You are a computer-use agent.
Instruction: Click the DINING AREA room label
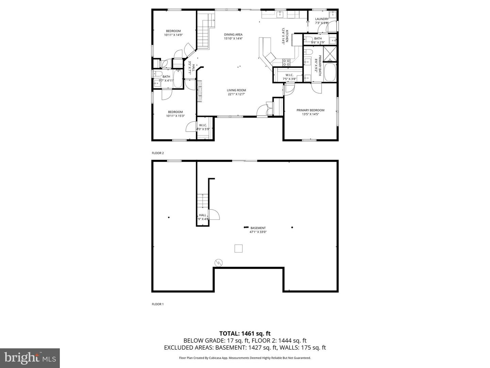(233, 34)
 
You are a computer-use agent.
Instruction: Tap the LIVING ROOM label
(236, 90)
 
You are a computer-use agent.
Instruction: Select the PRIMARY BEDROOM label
(310, 110)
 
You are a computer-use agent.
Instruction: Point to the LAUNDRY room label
(322, 19)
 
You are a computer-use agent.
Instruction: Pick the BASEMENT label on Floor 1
(258, 228)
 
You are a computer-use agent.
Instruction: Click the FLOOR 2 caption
(158, 153)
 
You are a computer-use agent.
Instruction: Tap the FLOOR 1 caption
(158, 304)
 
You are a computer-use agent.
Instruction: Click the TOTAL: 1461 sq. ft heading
(245, 333)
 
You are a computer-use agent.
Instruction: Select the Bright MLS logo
(30, 358)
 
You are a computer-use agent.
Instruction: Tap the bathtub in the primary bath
(330, 72)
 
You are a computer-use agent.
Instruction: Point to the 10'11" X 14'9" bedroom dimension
(173, 35)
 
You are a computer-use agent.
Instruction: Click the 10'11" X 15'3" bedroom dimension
(175, 116)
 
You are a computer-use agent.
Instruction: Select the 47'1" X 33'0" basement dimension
(258, 232)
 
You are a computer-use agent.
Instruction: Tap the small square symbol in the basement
(239, 249)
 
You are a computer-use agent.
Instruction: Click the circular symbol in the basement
(218, 262)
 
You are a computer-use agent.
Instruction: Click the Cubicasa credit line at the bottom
(245, 358)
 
